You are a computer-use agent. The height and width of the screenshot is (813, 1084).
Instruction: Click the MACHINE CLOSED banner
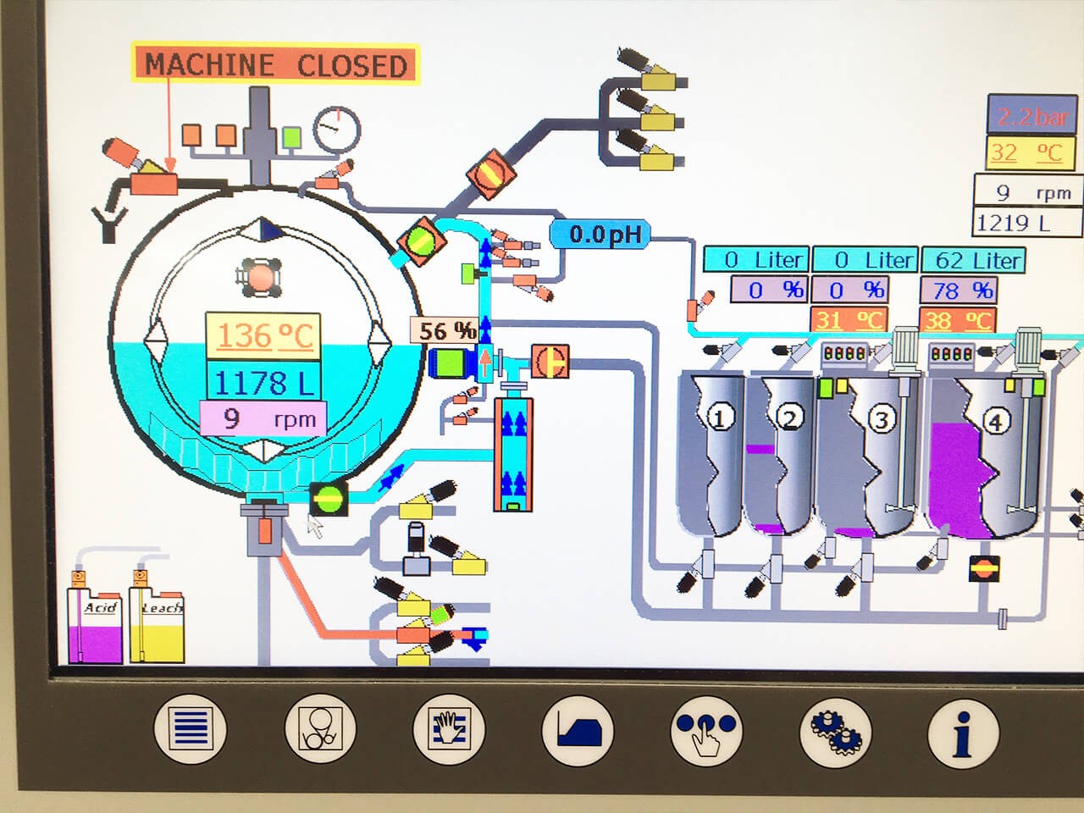tap(276, 64)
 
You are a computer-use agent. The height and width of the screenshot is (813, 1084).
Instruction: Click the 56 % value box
tap(445, 330)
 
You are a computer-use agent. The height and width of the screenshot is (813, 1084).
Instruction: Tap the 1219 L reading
tap(1014, 223)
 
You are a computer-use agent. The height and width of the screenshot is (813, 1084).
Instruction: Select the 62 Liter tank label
tap(973, 260)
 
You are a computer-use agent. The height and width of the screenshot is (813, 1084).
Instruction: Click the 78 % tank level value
tap(960, 290)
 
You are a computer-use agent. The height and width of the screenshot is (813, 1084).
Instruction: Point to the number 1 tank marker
tap(721, 417)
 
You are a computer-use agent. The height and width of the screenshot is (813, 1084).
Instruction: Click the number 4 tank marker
tap(996, 421)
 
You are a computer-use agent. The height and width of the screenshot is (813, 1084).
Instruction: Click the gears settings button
tap(835, 730)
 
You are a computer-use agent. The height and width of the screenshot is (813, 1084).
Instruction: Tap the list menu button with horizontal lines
tap(191, 730)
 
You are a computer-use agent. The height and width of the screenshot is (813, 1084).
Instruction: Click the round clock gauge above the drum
tap(336, 129)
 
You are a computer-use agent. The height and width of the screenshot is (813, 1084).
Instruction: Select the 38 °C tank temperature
tap(958, 321)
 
